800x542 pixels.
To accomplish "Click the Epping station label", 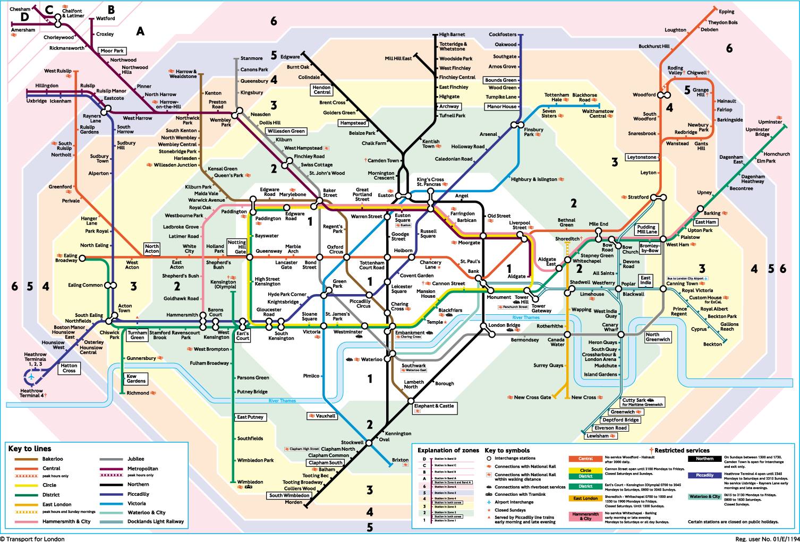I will (x=726, y=12).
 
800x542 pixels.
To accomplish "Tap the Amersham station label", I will (x=23, y=30).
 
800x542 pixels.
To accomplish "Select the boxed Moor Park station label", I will (x=112, y=51).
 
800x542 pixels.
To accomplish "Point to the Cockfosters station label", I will (x=502, y=35).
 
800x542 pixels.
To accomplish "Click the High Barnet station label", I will (x=452, y=35).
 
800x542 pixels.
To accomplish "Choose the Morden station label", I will (x=293, y=502).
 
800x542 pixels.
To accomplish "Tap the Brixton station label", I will (x=400, y=460).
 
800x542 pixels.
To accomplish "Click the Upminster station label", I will (x=770, y=122).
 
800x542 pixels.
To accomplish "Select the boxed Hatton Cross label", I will (x=69, y=368).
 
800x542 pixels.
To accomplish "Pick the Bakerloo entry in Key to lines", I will (x=53, y=459).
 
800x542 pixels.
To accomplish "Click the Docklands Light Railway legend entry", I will (x=156, y=521).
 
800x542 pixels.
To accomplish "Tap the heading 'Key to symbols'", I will (x=507, y=450).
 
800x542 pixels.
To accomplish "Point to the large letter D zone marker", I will (x=24, y=17).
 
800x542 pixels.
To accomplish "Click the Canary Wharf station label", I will (x=610, y=327).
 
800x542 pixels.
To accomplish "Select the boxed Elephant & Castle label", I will (x=435, y=406).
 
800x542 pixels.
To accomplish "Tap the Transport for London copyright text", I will (x=33, y=539).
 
